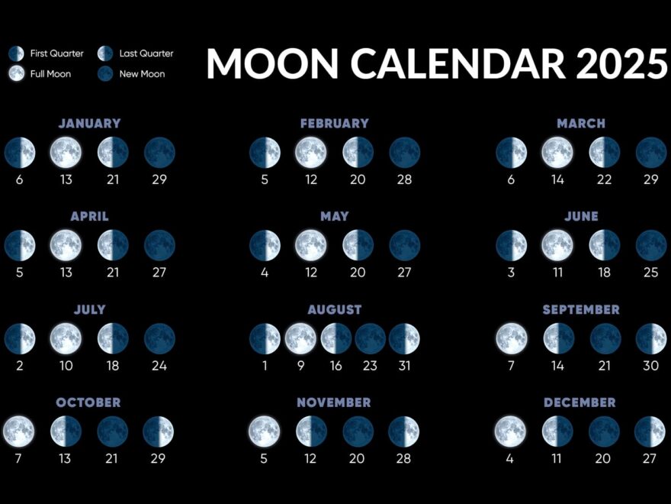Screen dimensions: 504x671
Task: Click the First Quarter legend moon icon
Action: (x=16, y=53)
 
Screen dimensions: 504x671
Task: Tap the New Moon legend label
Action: (x=142, y=74)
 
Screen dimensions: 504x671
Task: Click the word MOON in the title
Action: (x=272, y=63)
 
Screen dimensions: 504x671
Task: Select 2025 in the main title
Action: (x=622, y=63)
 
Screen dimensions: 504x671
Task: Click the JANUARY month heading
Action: (x=89, y=123)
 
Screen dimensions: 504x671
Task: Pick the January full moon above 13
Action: (x=66, y=153)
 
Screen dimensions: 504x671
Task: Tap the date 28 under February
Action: (x=404, y=179)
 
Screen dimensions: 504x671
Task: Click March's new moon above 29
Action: (x=650, y=153)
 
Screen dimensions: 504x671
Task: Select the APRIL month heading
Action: (x=89, y=216)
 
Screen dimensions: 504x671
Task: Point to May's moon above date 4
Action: (x=265, y=246)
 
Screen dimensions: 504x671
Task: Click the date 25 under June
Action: (x=650, y=273)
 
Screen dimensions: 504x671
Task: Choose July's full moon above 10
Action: (x=66, y=339)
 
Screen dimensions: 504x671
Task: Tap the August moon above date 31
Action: (x=404, y=339)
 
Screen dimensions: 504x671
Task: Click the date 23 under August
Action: (x=370, y=366)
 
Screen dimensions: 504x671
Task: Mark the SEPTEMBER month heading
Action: (x=581, y=309)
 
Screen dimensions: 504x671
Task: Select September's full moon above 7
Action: (x=511, y=339)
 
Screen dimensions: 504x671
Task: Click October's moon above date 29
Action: (x=159, y=431)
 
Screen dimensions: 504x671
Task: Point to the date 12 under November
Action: (x=311, y=458)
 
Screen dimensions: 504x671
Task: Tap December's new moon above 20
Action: (x=604, y=431)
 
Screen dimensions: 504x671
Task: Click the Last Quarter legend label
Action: (x=146, y=53)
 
